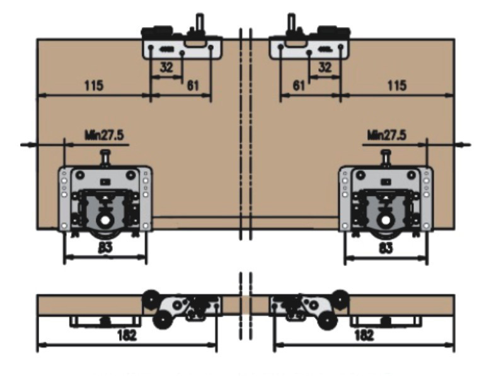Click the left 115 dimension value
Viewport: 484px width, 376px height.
click(x=92, y=85)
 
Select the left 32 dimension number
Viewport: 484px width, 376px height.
click(x=166, y=67)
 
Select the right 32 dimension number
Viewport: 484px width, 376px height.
click(x=324, y=67)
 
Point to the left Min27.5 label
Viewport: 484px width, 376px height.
click(x=104, y=134)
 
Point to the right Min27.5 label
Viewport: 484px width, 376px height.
click(x=386, y=134)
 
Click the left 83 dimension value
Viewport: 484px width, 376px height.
click(x=105, y=248)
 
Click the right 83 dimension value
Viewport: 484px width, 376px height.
click(x=385, y=248)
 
